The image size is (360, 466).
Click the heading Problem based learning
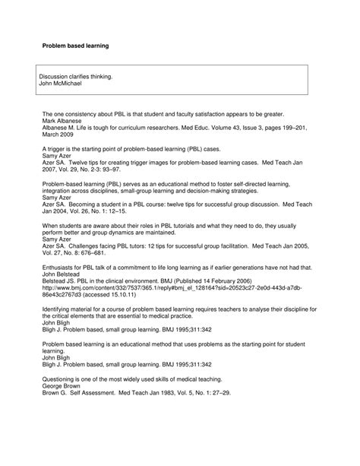pos(74,46)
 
